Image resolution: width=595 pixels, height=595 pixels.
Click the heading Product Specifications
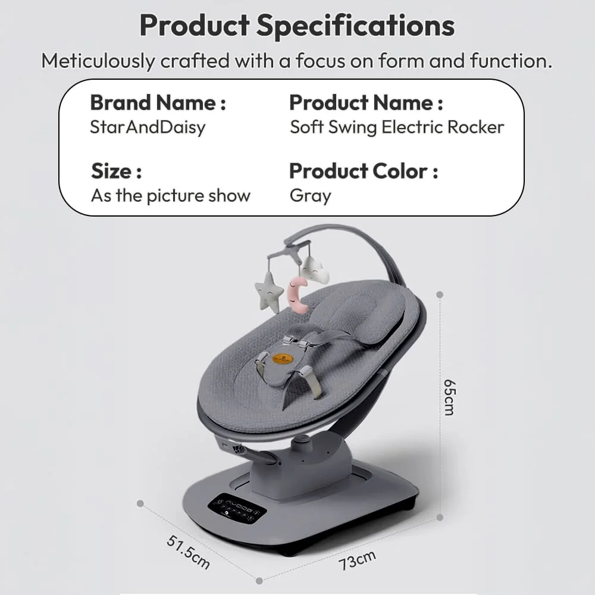pyautogui.click(x=297, y=26)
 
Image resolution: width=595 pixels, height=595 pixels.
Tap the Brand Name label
pyautogui.click(x=158, y=103)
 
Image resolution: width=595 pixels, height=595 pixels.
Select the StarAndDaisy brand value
pyautogui.click(x=147, y=127)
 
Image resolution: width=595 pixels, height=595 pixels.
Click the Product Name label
pyautogui.click(x=366, y=103)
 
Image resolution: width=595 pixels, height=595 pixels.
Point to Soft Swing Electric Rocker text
pyautogui.click(x=397, y=127)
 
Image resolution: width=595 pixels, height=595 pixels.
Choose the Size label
pyautogui.click(x=116, y=171)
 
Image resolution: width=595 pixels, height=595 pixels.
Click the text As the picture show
pyautogui.click(x=171, y=196)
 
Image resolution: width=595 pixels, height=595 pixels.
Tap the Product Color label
pyautogui.click(x=364, y=171)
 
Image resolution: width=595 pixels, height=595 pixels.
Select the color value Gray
pyautogui.click(x=310, y=196)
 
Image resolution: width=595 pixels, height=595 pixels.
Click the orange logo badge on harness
pyautogui.click(x=283, y=358)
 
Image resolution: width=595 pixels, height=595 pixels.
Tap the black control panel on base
pyautogui.click(x=236, y=509)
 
